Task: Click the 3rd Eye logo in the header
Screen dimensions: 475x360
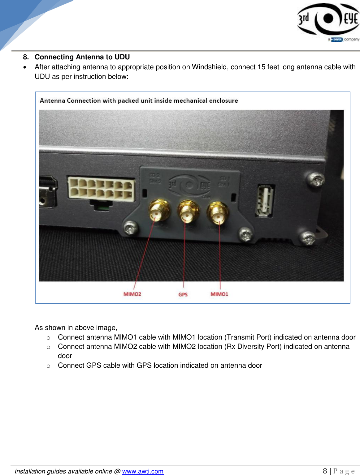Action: click(x=328, y=19)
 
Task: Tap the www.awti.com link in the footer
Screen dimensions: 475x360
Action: click(x=143, y=471)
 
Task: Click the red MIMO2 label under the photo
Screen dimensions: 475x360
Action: click(x=132, y=294)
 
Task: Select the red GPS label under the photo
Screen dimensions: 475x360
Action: click(x=183, y=294)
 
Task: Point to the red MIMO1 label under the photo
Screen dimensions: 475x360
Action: click(x=219, y=294)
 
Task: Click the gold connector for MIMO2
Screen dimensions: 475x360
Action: click(x=159, y=211)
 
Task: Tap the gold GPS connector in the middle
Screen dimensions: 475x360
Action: click(x=187, y=211)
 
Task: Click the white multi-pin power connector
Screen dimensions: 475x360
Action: click(x=102, y=189)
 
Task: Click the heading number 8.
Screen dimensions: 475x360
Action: click(x=26, y=57)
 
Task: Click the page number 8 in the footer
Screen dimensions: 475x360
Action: click(x=325, y=471)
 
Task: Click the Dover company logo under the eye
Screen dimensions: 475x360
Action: click(x=337, y=40)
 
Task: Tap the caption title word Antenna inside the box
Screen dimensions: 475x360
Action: click(x=52, y=101)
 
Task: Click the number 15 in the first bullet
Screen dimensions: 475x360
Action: click(x=261, y=67)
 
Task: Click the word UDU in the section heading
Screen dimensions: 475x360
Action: click(x=122, y=57)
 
